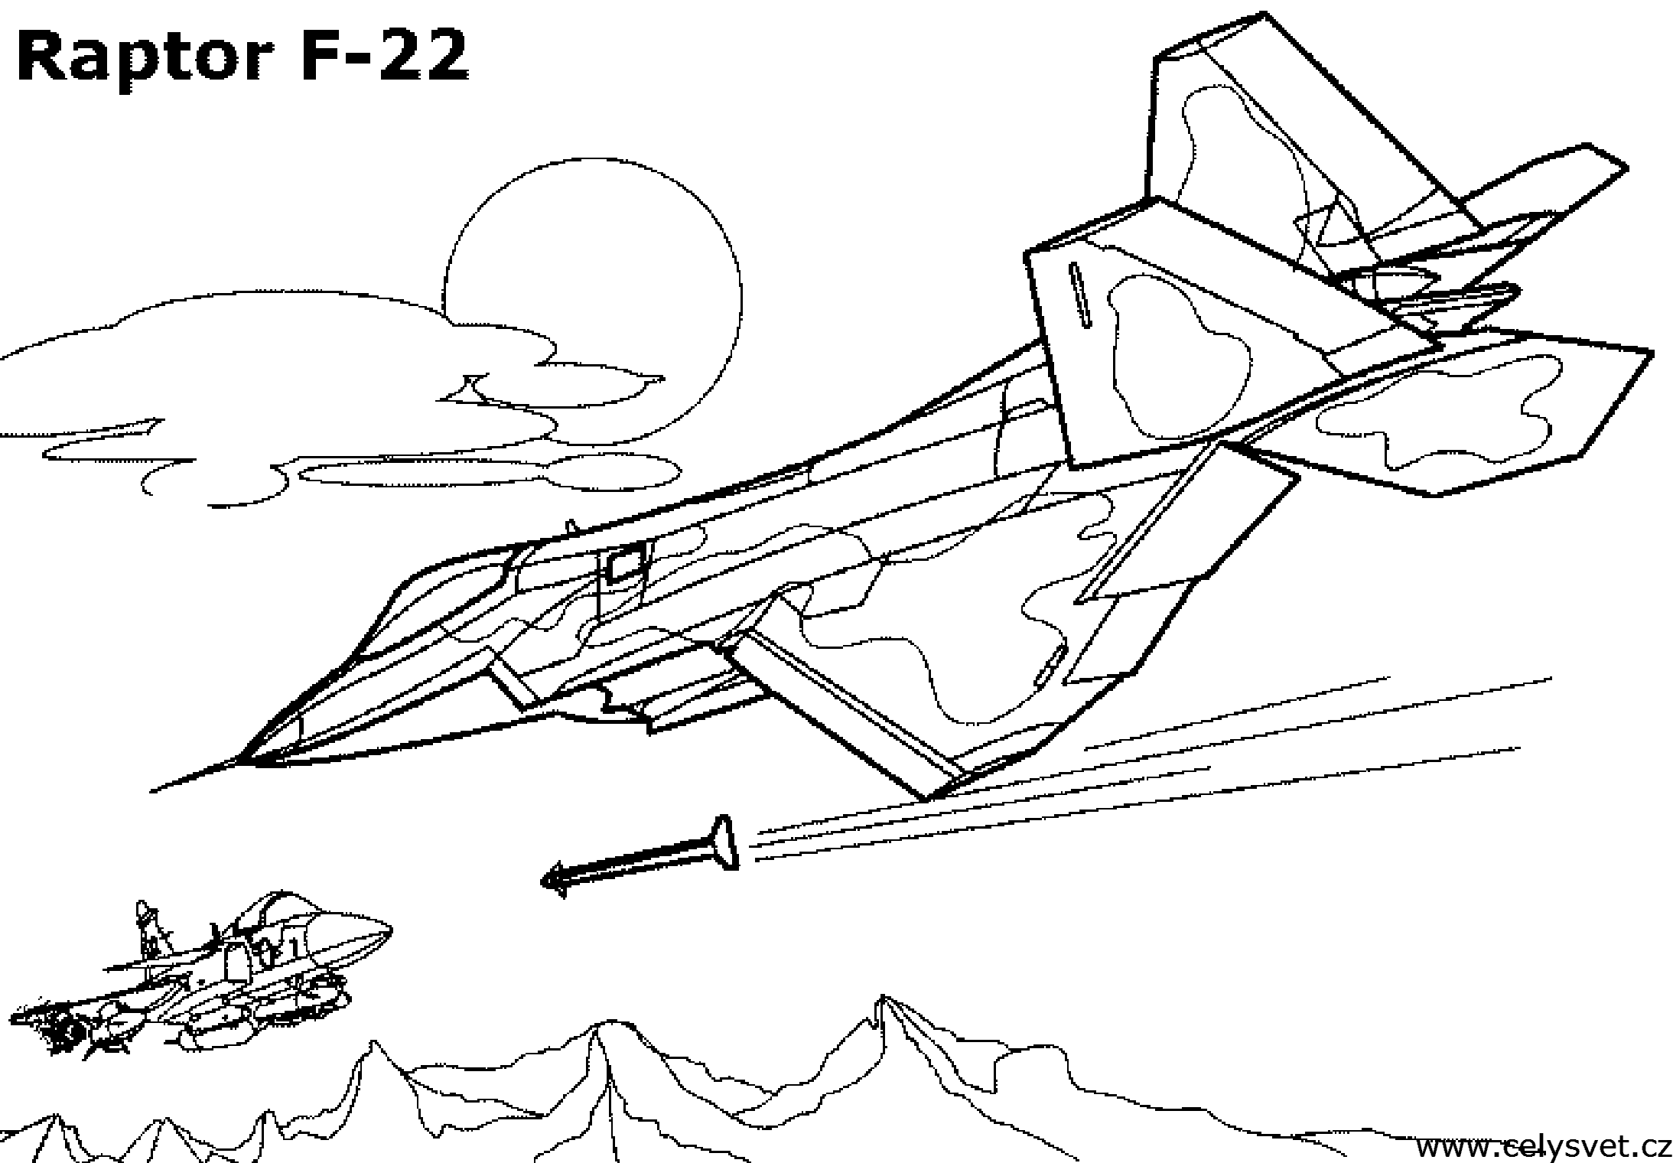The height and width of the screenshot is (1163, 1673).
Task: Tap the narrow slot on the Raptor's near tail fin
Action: (x=1079, y=295)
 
